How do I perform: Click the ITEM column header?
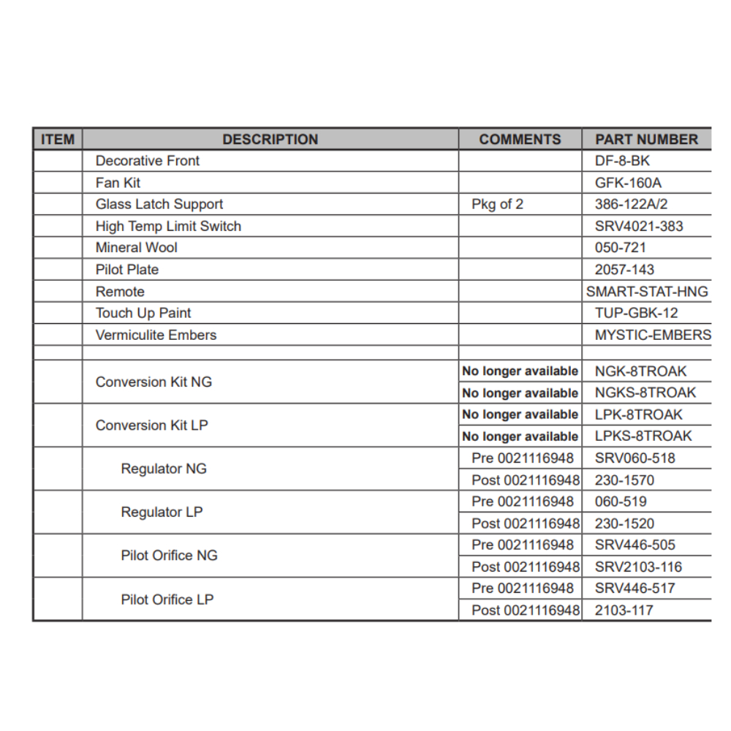(58, 139)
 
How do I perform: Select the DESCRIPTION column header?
(270, 139)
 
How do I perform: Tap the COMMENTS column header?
(520, 139)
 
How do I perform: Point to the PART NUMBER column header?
(646, 139)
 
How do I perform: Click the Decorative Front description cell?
(148, 161)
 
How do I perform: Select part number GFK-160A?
(628, 183)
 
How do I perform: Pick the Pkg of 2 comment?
(497, 204)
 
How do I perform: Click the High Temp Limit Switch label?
(168, 226)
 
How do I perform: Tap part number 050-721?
(620, 248)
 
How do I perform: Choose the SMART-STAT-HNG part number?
(647, 292)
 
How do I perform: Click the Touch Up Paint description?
(143, 313)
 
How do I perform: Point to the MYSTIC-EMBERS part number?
(652, 335)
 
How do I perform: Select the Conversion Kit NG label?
(154, 382)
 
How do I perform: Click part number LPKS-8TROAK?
(643, 436)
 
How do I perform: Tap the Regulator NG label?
(164, 469)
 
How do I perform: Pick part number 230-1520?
(624, 523)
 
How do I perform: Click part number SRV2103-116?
(638, 567)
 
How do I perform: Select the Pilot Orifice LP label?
(167, 599)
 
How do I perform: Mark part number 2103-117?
(624, 610)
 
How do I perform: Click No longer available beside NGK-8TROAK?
(520, 371)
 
